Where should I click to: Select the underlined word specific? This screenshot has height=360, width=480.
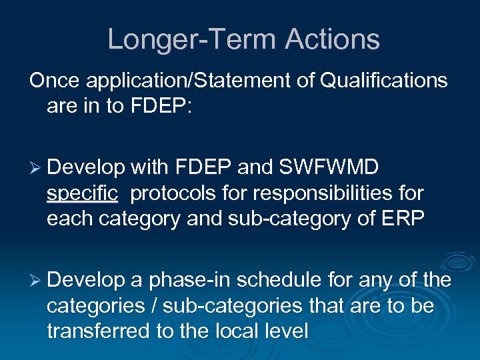[x=83, y=193]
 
